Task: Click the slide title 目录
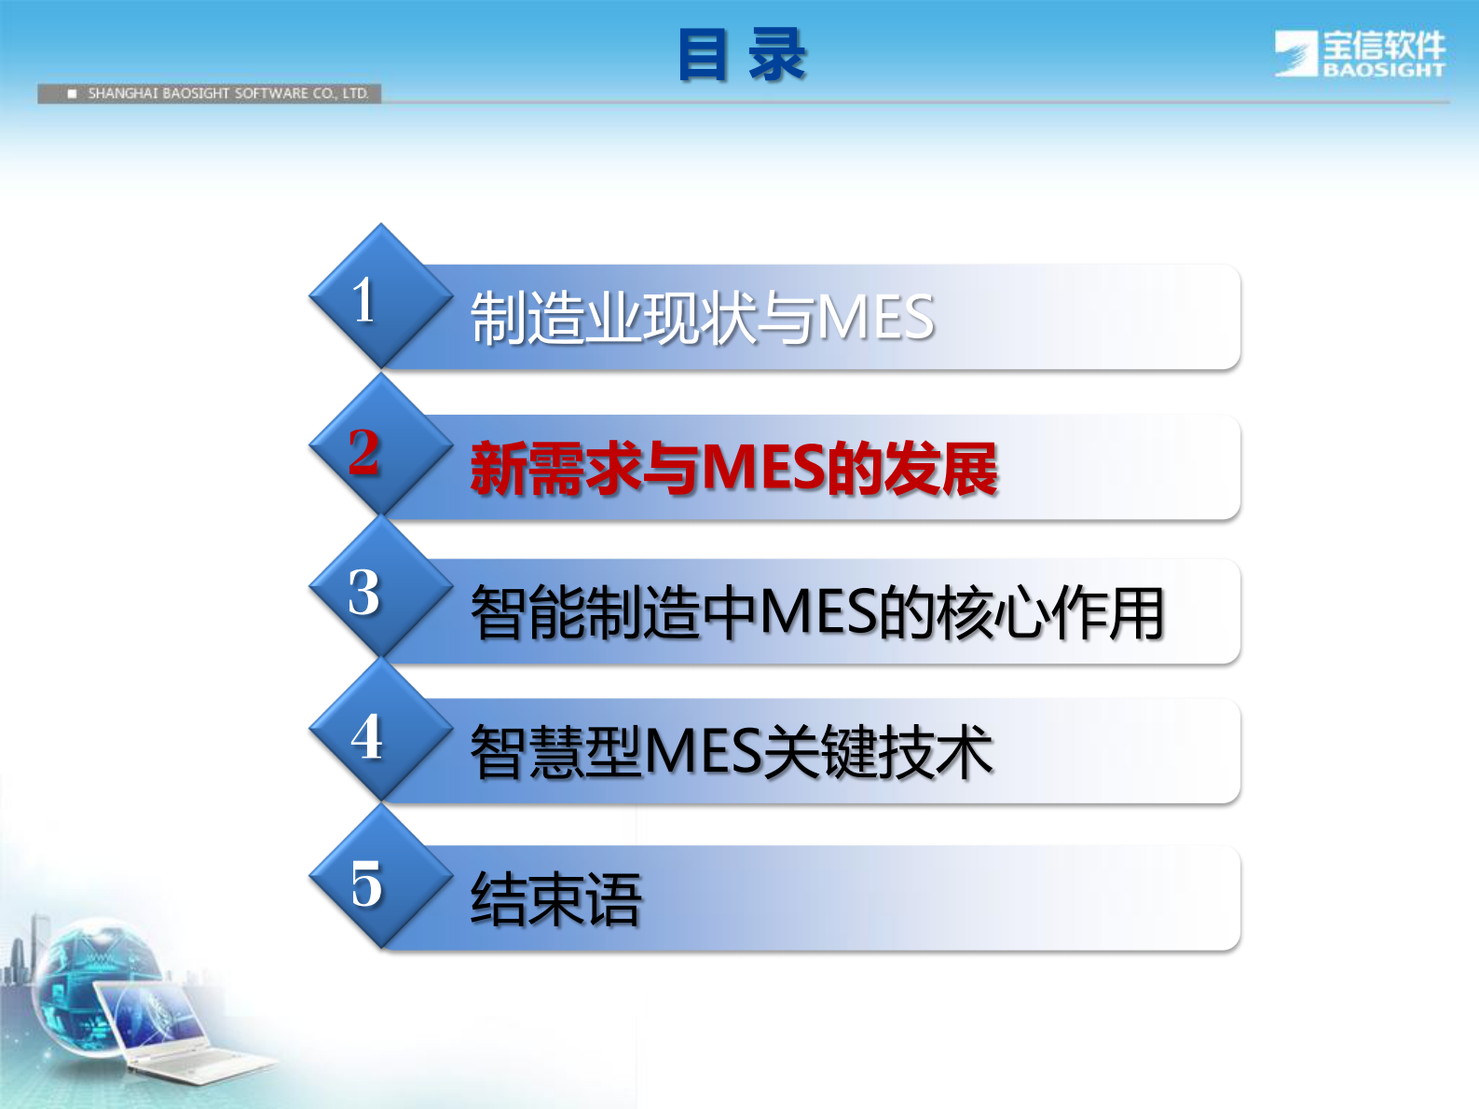point(741,55)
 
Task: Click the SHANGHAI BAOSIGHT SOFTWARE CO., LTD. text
point(227,93)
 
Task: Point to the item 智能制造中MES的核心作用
point(816,613)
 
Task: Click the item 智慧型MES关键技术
point(731,752)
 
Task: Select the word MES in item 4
point(704,752)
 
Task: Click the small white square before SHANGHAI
point(72,93)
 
